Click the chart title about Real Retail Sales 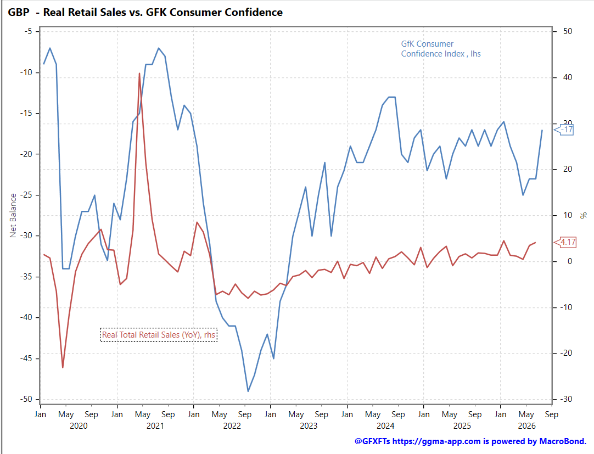point(145,12)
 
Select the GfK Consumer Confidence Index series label point(441,49)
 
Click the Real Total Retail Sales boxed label point(159,335)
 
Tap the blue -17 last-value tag point(564,130)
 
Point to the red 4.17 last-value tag point(565,242)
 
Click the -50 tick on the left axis point(26,399)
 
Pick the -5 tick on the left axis point(29,31)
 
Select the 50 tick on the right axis point(568,31)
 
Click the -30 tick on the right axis point(566,399)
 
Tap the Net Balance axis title point(13,215)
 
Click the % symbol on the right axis point(584,215)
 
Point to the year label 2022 point(232,426)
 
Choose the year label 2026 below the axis point(526,426)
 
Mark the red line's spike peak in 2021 point(139,74)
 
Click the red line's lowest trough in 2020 point(63,367)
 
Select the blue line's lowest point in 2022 point(248,391)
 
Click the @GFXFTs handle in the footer point(372,441)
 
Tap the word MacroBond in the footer point(562,441)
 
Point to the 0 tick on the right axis point(570,261)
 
